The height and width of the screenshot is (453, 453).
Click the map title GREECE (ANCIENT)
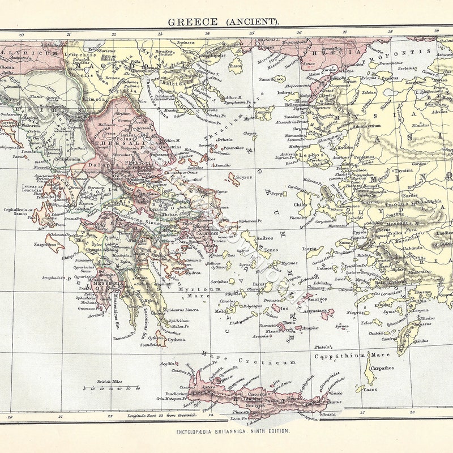223,22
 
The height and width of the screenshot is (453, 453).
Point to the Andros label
264,238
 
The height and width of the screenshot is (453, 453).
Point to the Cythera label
176,340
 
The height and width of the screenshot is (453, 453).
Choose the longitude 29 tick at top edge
435,31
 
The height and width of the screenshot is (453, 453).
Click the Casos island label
370,390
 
